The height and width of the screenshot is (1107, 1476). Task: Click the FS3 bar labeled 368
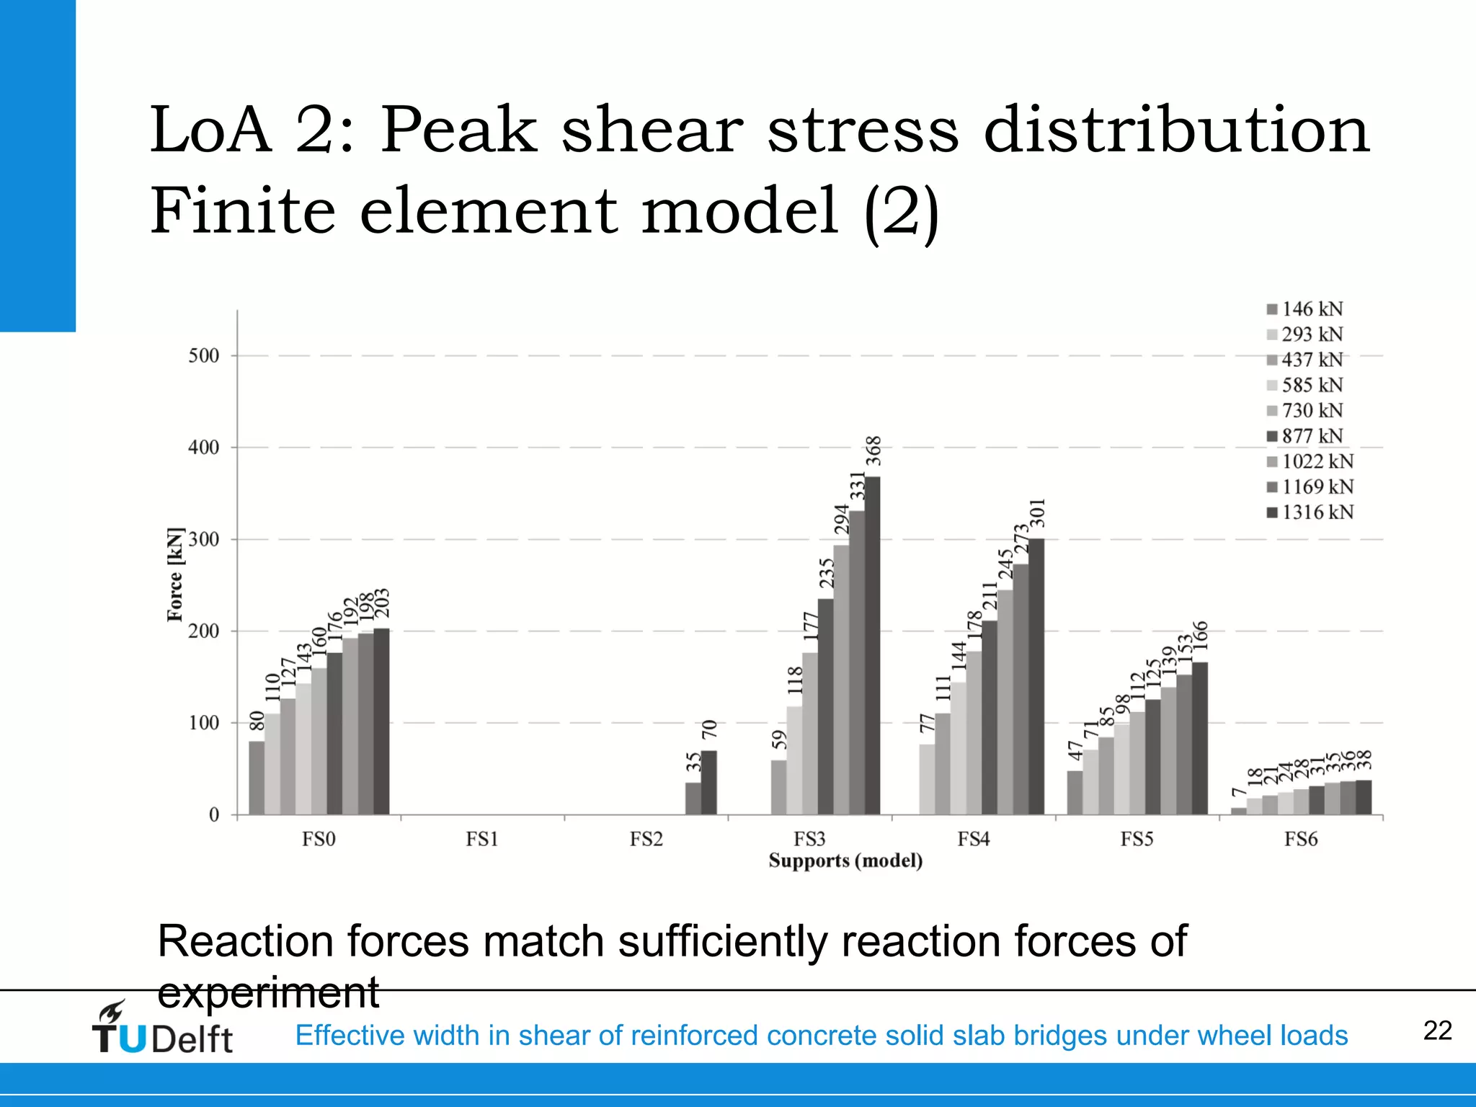[872, 645]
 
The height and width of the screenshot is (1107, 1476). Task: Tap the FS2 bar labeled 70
[709, 783]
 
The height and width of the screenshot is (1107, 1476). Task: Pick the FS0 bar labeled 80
[257, 778]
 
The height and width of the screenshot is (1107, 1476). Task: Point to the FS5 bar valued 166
[1199, 738]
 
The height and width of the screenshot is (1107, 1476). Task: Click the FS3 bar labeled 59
[778, 787]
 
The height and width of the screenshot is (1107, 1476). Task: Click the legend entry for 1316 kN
[1310, 512]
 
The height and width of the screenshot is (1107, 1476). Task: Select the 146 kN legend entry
[1305, 309]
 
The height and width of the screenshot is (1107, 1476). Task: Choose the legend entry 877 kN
[1305, 436]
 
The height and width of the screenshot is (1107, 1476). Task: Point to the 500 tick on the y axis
[204, 356]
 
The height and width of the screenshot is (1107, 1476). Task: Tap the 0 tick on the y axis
[214, 815]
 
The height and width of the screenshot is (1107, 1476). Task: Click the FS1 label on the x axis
[482, 839]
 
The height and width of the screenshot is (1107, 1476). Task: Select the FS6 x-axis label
[1301, 839]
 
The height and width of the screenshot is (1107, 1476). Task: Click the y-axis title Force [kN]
[175, 574]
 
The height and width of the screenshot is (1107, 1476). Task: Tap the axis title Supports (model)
[845, 861]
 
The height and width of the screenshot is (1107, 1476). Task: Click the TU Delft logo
[162, 1029]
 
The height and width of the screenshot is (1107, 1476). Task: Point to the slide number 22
[1437, 1031]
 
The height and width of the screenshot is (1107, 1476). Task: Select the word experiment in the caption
[268, 992]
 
